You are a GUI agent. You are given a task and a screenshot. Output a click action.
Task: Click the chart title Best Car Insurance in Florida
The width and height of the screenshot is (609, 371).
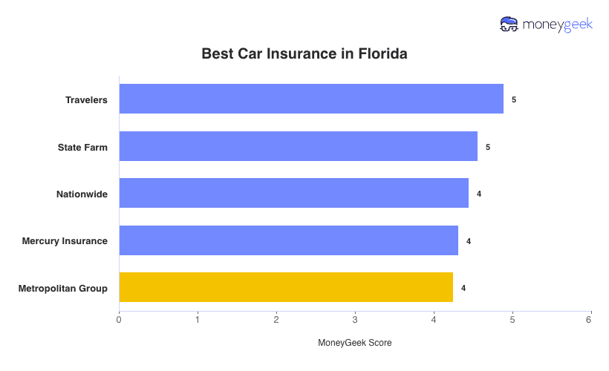304,54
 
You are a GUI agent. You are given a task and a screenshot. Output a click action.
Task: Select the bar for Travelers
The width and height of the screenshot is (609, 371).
311,99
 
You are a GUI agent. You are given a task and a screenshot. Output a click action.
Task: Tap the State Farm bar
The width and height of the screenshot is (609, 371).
298,146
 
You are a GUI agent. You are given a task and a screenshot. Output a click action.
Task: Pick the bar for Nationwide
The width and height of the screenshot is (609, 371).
293,193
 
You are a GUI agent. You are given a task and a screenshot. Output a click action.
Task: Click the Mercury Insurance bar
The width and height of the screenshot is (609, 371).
288,240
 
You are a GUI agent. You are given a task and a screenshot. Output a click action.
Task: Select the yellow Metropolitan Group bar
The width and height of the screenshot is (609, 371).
286,287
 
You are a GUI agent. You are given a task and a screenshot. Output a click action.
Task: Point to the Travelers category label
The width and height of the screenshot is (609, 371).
86,99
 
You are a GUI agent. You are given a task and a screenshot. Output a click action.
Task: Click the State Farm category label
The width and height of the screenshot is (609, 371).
82,147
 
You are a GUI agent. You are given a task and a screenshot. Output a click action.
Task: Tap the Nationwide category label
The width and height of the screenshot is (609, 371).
82,194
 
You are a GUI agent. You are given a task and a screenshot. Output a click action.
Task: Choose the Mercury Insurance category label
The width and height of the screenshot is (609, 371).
65,241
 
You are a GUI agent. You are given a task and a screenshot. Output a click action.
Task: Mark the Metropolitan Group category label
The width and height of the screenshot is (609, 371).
63,288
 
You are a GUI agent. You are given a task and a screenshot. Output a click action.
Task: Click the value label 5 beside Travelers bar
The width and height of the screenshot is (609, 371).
514,99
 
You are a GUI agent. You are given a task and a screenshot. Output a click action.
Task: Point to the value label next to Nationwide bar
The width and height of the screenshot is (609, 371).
479,194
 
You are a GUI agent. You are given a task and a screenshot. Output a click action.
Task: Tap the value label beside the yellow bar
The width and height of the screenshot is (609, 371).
463,288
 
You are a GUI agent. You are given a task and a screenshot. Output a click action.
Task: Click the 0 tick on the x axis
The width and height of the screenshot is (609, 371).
119,320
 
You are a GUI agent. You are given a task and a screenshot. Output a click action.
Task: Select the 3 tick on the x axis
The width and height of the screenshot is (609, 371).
355,320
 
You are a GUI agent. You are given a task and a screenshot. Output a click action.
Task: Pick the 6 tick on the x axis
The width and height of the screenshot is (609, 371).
589,320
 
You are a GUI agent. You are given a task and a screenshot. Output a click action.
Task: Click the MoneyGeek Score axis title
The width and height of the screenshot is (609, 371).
354,343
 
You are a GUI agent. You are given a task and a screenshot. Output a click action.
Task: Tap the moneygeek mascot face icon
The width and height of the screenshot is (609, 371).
509,24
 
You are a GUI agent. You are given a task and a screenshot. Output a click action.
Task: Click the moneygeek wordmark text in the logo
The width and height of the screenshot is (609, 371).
558,24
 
